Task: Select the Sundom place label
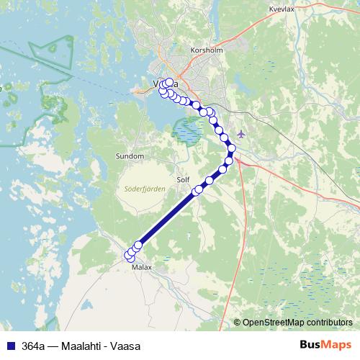click(130, 156)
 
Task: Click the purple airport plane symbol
click(241, 134)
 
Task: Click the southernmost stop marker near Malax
click(130, 256)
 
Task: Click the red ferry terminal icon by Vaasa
click(139, 91)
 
